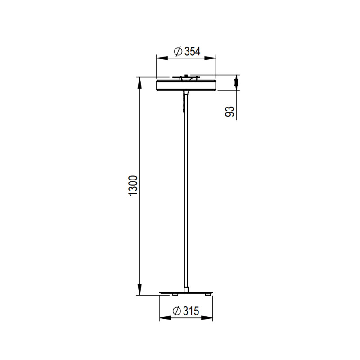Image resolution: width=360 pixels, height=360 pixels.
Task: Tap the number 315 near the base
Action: pos(191,311)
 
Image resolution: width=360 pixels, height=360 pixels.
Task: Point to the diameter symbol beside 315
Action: pos(176,311)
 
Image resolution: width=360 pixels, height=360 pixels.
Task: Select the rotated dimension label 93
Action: pos(230,112)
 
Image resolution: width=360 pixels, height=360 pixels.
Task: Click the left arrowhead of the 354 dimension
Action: pos(159,58)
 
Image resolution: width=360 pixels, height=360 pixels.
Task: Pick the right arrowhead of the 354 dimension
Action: pos(212,58)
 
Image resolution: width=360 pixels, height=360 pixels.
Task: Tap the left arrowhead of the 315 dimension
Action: pos(163,318)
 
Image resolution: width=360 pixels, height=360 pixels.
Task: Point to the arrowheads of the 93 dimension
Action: pos(237,82)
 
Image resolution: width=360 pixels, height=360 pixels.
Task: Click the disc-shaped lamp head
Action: pos(186,85)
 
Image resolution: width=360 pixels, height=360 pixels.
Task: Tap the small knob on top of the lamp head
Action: pos(185,76)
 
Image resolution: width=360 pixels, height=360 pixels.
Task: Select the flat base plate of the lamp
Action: pos(186,293)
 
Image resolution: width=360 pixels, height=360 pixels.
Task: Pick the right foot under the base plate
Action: pos(207,296)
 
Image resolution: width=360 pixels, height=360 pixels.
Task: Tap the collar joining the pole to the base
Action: pos(186,288)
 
